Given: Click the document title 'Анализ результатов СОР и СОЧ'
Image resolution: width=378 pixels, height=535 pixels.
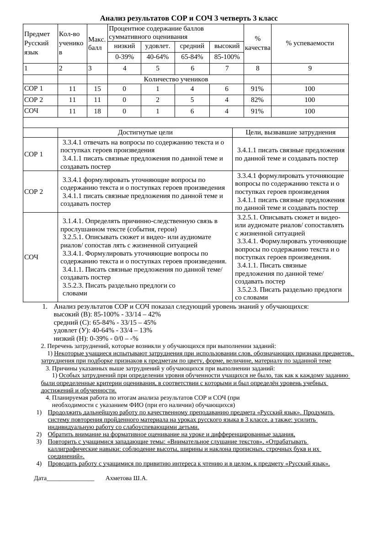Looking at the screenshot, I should pyautogui.click(x=188, y=18).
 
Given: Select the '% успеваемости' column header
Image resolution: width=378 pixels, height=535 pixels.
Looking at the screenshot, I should pyautogui.click(x=309, y=43).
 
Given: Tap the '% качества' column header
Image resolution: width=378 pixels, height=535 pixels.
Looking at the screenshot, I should pyautogui.click(x=257, y=43).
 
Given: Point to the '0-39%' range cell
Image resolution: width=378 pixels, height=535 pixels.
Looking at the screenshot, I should pyautogui.click(x=124, y=57).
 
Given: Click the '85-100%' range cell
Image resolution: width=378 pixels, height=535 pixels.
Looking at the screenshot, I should pyautogui.click(x=227, y=57).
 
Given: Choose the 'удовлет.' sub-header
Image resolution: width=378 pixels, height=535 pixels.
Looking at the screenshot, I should pyautogui.click(x=158, y=46).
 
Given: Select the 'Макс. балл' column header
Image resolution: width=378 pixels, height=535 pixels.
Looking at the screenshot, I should pyautogui.click(x=97, y=43).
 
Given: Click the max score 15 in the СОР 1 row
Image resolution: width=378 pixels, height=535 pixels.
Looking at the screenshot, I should pyautogui.click(x=97, y=89).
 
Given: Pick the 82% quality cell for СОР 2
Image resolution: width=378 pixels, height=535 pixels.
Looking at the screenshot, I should pyautogui.click(x=257, y=100).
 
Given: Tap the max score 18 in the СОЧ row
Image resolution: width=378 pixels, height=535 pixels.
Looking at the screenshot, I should pyautogui.click(x=97, y=111).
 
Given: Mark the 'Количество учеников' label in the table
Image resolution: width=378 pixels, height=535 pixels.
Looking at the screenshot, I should pyautogui.click(x=176, y=79).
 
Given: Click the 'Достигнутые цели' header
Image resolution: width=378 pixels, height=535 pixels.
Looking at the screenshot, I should pyautogui.click(x=145, y=133).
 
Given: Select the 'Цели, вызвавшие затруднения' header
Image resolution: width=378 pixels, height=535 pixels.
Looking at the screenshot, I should pyautogui.click(x=290, y=133).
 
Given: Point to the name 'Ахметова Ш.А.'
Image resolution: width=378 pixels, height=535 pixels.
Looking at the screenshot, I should pyautogui.click(x=126, y=478).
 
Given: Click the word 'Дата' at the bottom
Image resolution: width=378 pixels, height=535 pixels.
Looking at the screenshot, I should pyautogui.click(x=40, y=478).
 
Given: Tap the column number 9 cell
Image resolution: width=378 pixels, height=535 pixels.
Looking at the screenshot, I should pyautogui.click(x=309, y=69).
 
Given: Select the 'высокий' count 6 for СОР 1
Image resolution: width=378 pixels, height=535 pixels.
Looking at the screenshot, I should pyautogui.click(x=227, y=89).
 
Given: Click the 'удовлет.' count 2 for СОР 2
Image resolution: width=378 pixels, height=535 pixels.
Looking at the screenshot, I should pyautogui.click(x=158, y=100).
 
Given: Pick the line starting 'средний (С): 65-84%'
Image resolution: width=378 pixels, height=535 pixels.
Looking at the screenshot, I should pyautogui.click(x=105, y=322).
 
